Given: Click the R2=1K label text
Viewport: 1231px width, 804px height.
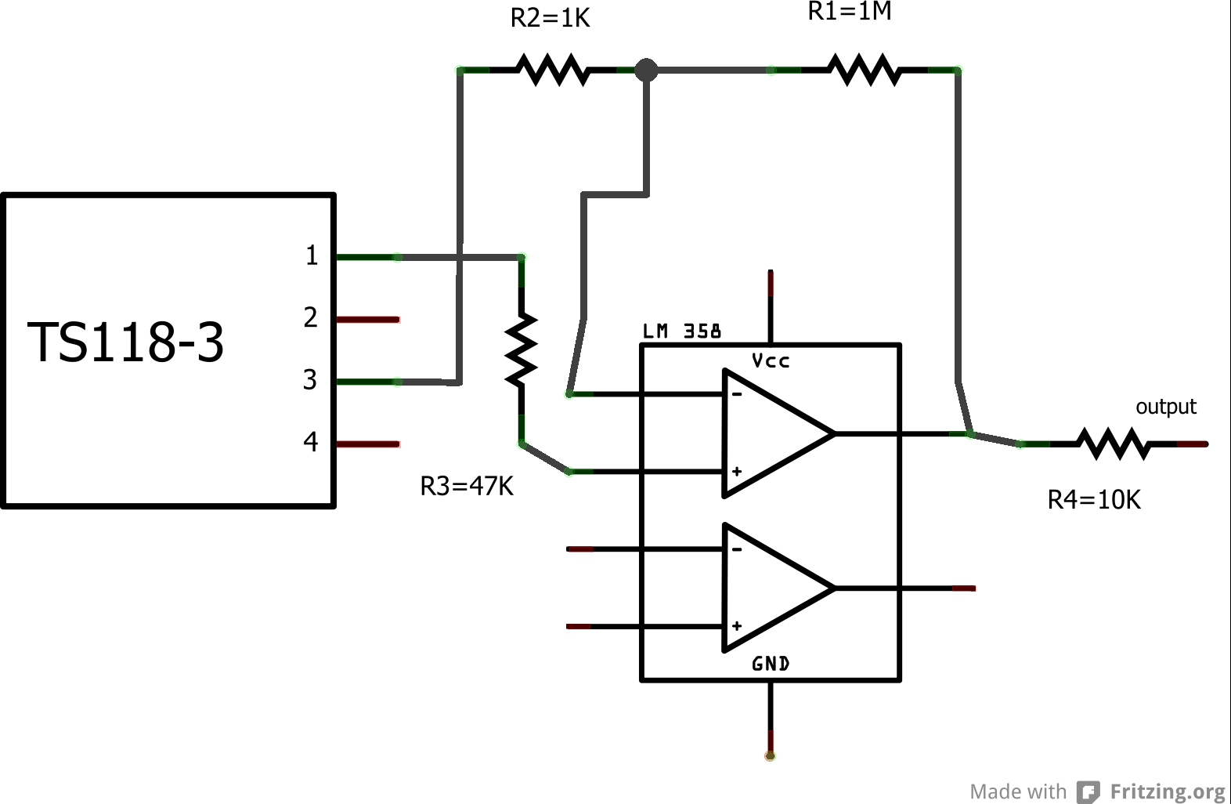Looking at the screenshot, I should click(550, 18).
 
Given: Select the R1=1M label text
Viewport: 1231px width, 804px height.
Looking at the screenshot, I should click(849, 11).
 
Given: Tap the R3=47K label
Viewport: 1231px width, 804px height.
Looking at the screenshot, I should click(467, 486).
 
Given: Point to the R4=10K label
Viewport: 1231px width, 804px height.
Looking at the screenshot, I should click(1094, 499).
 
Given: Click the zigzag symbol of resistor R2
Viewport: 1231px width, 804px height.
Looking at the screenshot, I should click(552, 70).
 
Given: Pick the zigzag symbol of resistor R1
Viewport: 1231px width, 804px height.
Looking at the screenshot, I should click(865, 70).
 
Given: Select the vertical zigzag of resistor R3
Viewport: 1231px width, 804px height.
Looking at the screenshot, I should click(521, 349).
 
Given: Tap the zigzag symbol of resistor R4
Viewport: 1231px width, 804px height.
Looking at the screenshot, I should click(1114, 444).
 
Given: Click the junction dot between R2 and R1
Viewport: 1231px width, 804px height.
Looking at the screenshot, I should click(646, 70).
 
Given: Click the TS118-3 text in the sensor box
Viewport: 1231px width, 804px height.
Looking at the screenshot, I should click(126, 342).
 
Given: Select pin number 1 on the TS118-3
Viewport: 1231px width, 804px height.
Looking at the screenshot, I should click(312, 255).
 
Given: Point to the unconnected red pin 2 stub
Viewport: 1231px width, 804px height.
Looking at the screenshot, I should click(368, 320).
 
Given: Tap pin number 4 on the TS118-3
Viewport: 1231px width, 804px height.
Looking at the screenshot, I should click(311, 442).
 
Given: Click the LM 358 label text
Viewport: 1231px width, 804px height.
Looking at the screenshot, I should click(681, 331).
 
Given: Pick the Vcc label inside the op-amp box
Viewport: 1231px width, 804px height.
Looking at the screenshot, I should click(771, 361).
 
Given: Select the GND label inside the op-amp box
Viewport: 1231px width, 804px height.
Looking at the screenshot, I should click(771, 664).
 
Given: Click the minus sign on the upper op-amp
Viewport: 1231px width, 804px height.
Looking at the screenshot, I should click(737, 394).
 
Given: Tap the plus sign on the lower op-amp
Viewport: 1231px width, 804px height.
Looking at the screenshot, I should click(737, 626).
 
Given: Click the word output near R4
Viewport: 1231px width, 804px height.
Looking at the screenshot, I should click(1165, 407).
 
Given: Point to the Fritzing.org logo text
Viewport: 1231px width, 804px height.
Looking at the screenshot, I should click(1167, 791).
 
